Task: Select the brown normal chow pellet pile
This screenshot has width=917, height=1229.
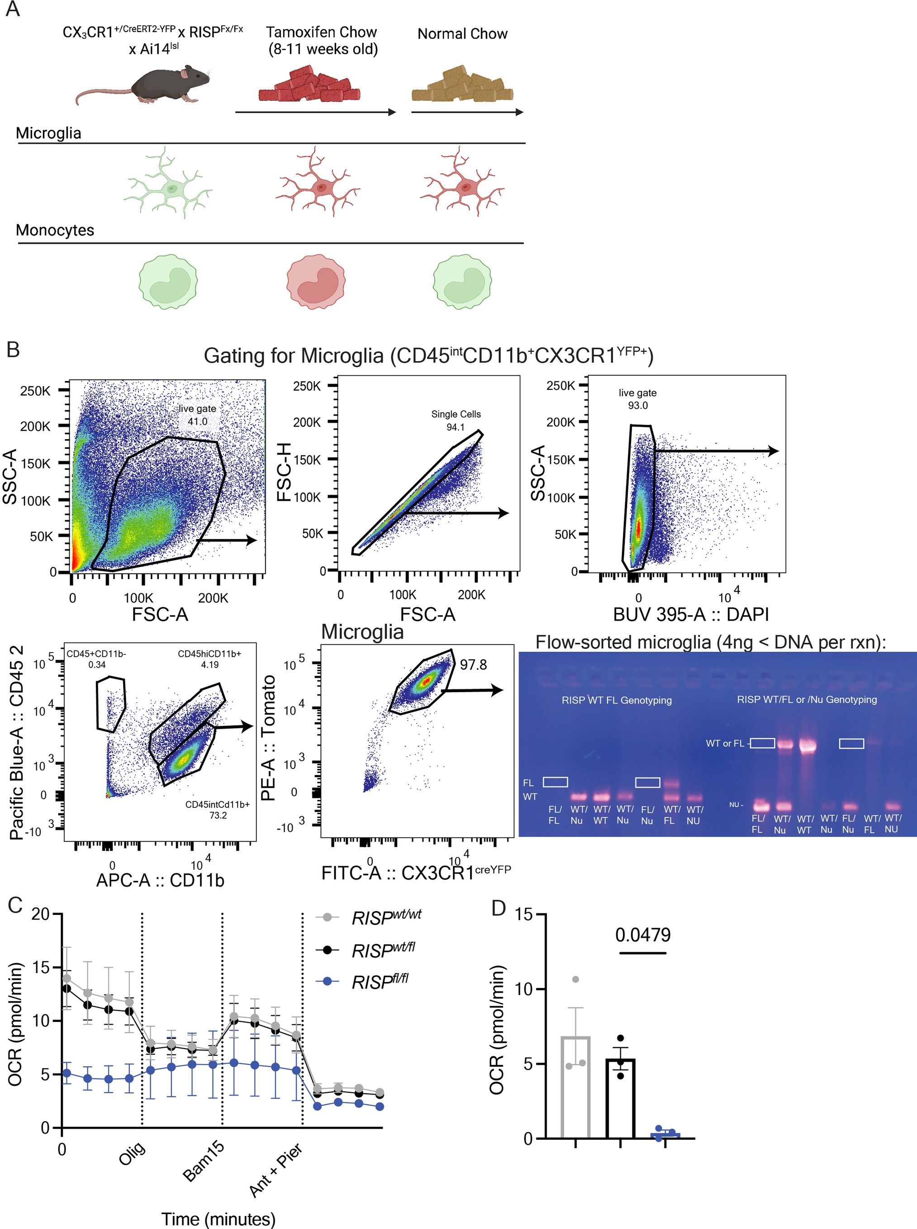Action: point(462,86)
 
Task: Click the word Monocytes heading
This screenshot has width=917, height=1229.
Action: point(55,230)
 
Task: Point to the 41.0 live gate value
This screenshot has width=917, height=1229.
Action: point(197,422)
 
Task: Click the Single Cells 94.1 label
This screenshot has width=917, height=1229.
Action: point(456,421)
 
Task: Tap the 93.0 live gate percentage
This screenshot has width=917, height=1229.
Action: point(637,406)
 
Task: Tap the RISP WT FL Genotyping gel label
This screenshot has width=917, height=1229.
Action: point(616,700)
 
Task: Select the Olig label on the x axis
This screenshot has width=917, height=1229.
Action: point(132,1153)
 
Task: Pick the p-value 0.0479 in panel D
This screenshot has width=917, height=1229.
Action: point(642,935)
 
